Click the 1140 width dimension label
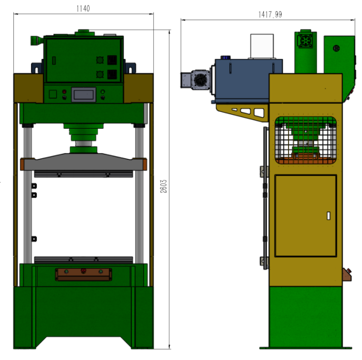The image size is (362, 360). [x=83, y=8]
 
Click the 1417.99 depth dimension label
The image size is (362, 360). [x=270, y=14]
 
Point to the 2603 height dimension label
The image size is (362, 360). [x=163, y=186]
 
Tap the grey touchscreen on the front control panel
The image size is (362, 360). [x=84, y=95]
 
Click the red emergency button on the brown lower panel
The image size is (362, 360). [x=84, y=271]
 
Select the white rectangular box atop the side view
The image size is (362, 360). [x=262, y=46]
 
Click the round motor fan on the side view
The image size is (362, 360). [x=200, y=80]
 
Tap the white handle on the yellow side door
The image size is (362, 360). [x=329, y=216]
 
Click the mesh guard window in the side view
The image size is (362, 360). [x=306, y=140]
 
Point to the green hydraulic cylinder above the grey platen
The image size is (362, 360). [x=84, y=138]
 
